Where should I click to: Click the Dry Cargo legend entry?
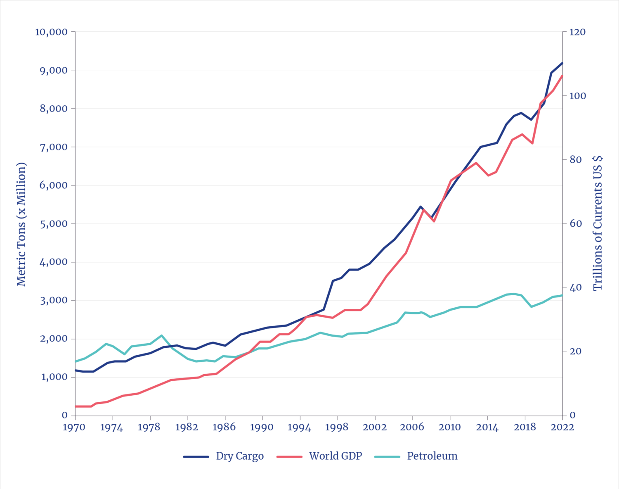[x=239, y=456]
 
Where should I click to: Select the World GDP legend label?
[x=335, y=456]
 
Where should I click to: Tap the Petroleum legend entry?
[x=432, y=456]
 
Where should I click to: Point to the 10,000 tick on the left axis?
[x=51, y=32]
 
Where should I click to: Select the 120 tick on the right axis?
[x=577, y=32]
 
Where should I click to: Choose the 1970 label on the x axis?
[x=75, y=427]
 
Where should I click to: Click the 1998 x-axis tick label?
[x=337, y=427]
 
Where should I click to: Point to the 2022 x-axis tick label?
[x=562, y=427]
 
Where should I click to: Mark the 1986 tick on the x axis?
[x=225, y=427]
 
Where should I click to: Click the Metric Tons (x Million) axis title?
[x=21, y=224]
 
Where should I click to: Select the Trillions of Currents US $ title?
[x=598, y=223]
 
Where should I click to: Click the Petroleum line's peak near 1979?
[x=161, y=335]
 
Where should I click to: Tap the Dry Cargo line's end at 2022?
[x=562, y=63]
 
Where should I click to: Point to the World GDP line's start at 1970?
[x=76, y=406]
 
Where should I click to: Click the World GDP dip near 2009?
[x=434, y=221]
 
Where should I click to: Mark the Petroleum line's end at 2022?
[x=562, y=295]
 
